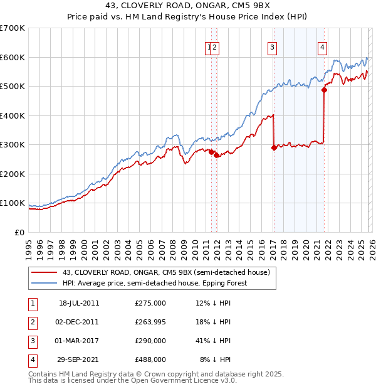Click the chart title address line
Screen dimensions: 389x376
coord(187,6)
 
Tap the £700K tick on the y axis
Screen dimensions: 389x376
coord(13,28)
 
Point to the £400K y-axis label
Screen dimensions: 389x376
coord(13,115)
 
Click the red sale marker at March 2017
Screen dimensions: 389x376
coord(274,148)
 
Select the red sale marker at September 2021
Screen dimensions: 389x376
coord(324,90)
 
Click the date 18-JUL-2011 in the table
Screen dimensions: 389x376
coord(79,303)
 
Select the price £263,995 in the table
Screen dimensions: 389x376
coord(150,322)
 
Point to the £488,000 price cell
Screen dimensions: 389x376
coord(150,360)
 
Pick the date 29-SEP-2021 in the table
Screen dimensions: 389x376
coord(79,360)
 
